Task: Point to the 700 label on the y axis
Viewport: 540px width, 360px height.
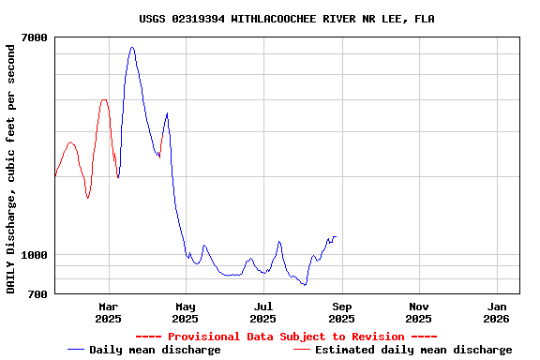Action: pyautogui.click(x=37, y=294)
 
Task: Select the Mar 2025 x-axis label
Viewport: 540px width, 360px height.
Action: pyautogui.click(x=109, y=312)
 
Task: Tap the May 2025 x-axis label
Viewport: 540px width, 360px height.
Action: pyautogui.click(x=186, y=312)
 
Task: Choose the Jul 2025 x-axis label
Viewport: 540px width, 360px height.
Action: pyautogui.click(x=263, y=312)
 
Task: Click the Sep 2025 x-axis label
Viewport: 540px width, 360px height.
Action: pyautogui.click(x=341, y=312)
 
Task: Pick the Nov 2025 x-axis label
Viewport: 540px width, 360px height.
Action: pyautogui.click(x=419, y=312)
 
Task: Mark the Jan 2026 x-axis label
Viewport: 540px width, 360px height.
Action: pyautogui.click(x=497, y=312)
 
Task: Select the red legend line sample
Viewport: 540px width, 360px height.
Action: pyautogui.click(x=302, y=350)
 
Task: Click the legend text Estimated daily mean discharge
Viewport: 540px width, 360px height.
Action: pyautogui.click(x=413, y=350)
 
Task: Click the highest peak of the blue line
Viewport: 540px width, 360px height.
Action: pyautogui.click(x=132, y=47)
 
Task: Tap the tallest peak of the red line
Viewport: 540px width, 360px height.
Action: pyautogui.click(x=104, y=99)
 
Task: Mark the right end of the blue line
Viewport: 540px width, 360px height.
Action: pyautogui.click(x=336, y=237)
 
